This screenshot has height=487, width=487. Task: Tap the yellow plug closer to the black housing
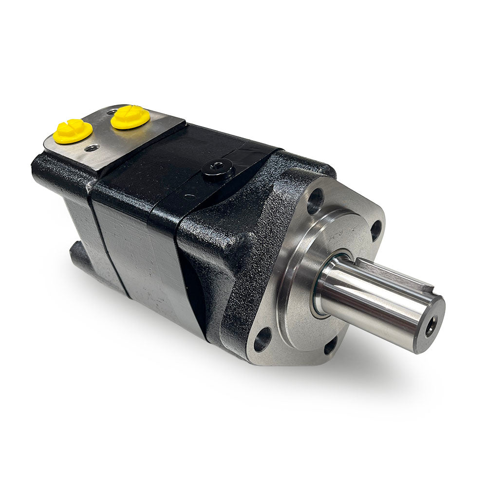(x=130, y=117)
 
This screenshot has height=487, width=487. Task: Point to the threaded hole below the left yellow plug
(x=91, y=147)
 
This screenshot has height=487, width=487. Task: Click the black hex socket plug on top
(x=218, y=170)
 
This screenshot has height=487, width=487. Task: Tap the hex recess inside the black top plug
(x=217, y=168)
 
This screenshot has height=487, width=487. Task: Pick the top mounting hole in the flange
(x=315, y=200)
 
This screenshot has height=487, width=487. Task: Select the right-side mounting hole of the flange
(x=376, y=230)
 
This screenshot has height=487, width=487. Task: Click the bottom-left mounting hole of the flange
(x=262, y=339)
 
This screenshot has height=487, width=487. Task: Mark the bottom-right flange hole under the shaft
(x=331, y=346)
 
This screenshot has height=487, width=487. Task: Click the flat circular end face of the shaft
(x=429, y=324)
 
